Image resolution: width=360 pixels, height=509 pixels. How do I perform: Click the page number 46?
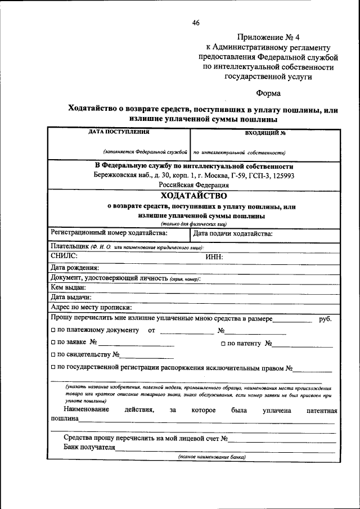tap(196, 23)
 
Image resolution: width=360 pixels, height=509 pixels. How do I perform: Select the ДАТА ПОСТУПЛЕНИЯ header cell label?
tap(119, 132)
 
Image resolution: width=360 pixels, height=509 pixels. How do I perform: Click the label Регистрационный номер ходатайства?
tap(109, 233)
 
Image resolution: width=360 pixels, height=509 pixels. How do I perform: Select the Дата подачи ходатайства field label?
tap(232, 233)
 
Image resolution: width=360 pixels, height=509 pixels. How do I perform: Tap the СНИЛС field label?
tap(64, 256)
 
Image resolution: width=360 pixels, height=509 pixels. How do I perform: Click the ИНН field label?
tap(214, 257)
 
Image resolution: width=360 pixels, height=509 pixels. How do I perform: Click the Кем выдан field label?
tap(68, 287)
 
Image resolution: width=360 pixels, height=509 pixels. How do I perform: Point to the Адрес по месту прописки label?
tap(91, 307)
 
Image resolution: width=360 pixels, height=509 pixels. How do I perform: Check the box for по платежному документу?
tap(53, 330)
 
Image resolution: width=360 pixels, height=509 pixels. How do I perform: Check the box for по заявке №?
tap(53, 342)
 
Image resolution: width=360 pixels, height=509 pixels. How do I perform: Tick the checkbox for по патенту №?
tap(223, 343)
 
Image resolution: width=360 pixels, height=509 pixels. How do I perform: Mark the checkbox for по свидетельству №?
tap(53, 355)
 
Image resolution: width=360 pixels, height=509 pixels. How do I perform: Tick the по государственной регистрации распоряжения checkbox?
tap(53, 368)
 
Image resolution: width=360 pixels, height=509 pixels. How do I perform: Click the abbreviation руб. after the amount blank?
tap(325, 319)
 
